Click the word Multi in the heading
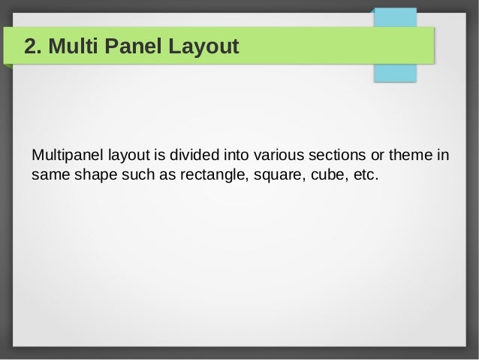point(71,47)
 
